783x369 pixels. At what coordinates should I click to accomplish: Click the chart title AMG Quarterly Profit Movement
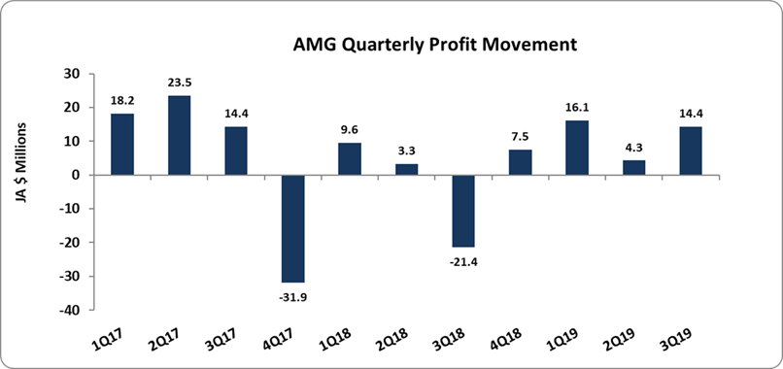click(x=422, y=45)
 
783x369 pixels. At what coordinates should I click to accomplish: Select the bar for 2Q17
click(x=179, y=135)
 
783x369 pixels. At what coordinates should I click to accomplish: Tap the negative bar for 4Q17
click(x=292, y=228)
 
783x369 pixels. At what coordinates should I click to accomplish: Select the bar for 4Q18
click(x=521, y=162)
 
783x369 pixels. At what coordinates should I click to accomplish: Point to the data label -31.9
click(x=292, y=293)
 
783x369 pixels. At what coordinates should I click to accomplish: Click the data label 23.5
click(x=180, y=83)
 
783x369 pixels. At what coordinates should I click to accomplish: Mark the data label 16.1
click(x=578, y=108)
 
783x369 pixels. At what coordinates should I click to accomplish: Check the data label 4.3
click(x=634, y=148)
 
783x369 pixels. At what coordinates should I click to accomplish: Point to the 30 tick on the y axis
click(x=72, y=74)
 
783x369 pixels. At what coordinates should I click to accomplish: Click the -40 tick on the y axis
click(x=69, y=311)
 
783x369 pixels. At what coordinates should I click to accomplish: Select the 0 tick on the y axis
click(x=76, y=176)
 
